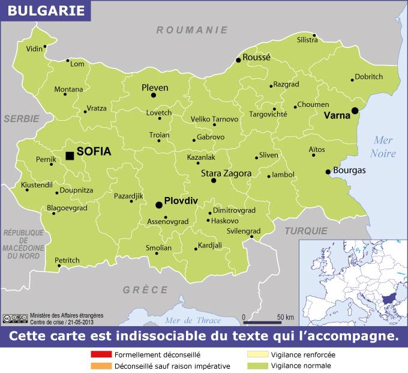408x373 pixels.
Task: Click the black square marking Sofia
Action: click(70, 156)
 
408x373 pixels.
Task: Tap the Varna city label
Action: click(336, 115)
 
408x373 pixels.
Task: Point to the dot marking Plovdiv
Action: click(159, 205)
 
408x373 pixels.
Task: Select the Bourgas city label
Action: click(349, 171)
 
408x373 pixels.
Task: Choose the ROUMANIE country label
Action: click(192, 29)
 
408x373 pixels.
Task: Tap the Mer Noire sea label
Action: click(383, 147)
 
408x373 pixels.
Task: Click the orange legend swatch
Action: click(100, 366)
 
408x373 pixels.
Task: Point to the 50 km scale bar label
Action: click(286, 317)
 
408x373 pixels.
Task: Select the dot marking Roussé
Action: click(238, 60)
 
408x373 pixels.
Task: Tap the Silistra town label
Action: click(307, 40)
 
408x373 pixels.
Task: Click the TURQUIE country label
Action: click(306, 231)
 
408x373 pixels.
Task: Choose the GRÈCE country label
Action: click(146, 290)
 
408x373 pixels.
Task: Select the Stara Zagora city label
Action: click(226, 174)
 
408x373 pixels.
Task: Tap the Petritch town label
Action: click(67, 261)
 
